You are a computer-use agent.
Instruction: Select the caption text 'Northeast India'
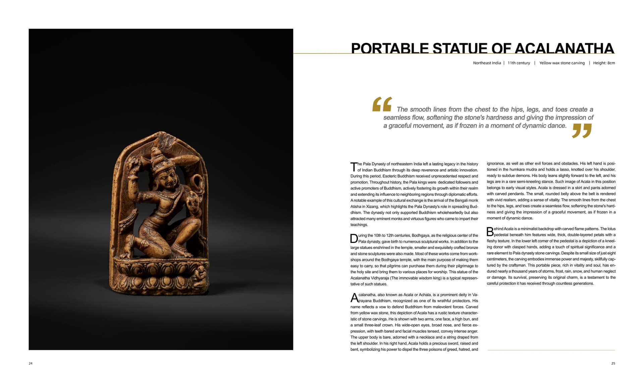(x=487, y=63)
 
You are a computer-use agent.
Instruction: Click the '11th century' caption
(x=519, y=63)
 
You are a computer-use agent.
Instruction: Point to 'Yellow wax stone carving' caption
(x=562, y=63)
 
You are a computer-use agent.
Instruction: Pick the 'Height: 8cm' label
(x=604, y=63)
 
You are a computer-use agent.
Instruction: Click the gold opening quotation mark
(x=382, y=104)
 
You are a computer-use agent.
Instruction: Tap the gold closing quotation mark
(x=582, y=130)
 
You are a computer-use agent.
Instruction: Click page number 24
(x=31, y=363)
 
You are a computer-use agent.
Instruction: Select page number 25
(x=613, y=363)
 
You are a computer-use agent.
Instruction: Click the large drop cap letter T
(x=354, y=167)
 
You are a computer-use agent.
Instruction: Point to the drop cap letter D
(x=354, y=239)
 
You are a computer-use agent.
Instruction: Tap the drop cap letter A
(x=354, y=298)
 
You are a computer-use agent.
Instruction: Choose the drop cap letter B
(x=490, y=232)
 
